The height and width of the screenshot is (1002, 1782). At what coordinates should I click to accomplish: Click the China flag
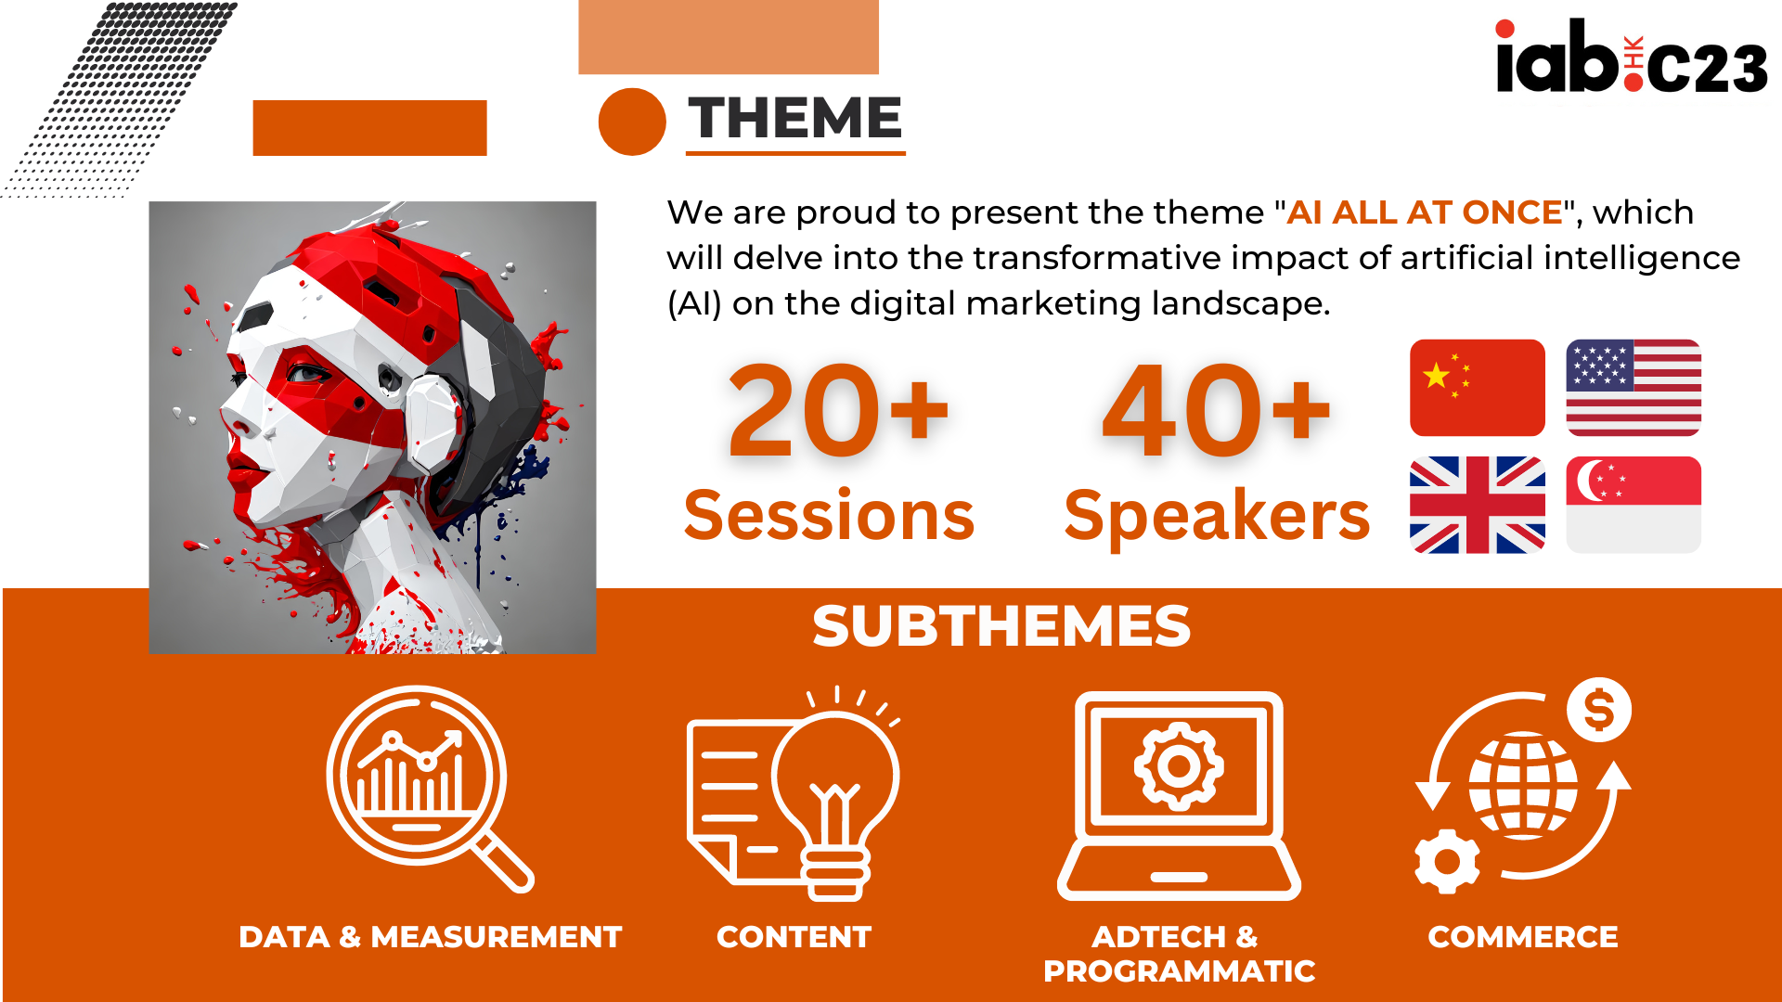pyautogui.click(x=1477, y=388)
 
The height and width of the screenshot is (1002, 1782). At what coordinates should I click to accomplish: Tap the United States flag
pyautogui.click(x=1633, y=388)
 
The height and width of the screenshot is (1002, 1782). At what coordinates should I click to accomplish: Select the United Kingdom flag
pyautogui.click(x=1477, y=505)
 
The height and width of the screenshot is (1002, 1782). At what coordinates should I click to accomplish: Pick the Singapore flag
pyautogui.click(x=1633, y=505)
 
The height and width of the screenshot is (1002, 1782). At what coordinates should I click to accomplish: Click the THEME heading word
pyautogui.click(x=795, y=119)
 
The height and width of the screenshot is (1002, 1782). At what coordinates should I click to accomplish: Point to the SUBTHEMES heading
pyautogui.click(x=1001, y=626)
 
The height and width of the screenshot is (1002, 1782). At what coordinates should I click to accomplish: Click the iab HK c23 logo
pyautogui.click(x=1632, y=58)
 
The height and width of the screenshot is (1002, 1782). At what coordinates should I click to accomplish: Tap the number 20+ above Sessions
pyautogui.click(x=838, y=411)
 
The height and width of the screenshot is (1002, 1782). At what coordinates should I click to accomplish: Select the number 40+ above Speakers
pyautogui.click(x=1216, y=411)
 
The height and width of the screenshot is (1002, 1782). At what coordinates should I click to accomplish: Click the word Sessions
pyautogui.click(x=829, y=516)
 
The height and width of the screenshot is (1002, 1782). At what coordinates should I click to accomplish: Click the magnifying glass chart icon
pyautogui.click(x=430, y=790)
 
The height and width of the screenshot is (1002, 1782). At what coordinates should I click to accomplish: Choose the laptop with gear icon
pyautogui.click(x=1179, y=796)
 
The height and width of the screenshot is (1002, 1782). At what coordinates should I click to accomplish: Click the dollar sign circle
pyautogui.click(x=1598, y=711)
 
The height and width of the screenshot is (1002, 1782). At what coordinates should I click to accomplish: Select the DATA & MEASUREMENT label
pyautogui.click(x=430, y=937)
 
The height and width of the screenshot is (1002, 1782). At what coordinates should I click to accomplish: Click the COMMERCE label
pyautogui.click(x=1523, y=937)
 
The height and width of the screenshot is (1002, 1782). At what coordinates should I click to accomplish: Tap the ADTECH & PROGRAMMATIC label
pyautogui.click(x=1179, y=954)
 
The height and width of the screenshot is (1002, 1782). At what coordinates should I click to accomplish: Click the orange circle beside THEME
pyautogui.click(x=632, y=122)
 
